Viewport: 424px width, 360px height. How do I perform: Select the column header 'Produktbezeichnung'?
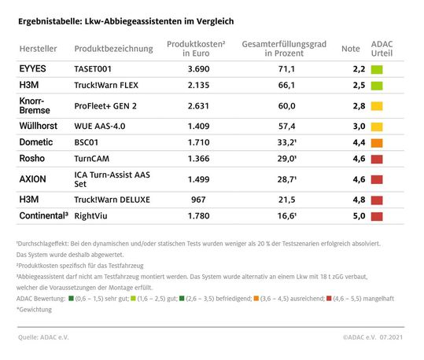pos(113,49)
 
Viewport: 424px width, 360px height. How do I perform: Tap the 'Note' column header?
pos(351,49)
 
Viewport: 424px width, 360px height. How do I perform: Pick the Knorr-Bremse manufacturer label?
pos(36,106)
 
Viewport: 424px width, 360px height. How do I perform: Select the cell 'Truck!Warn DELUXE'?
pos(112,199)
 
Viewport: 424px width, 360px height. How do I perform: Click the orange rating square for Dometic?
pos(377,142)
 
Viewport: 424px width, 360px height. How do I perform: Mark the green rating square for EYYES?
pos(377,70)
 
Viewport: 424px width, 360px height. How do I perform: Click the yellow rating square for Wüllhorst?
pos(377,125)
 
